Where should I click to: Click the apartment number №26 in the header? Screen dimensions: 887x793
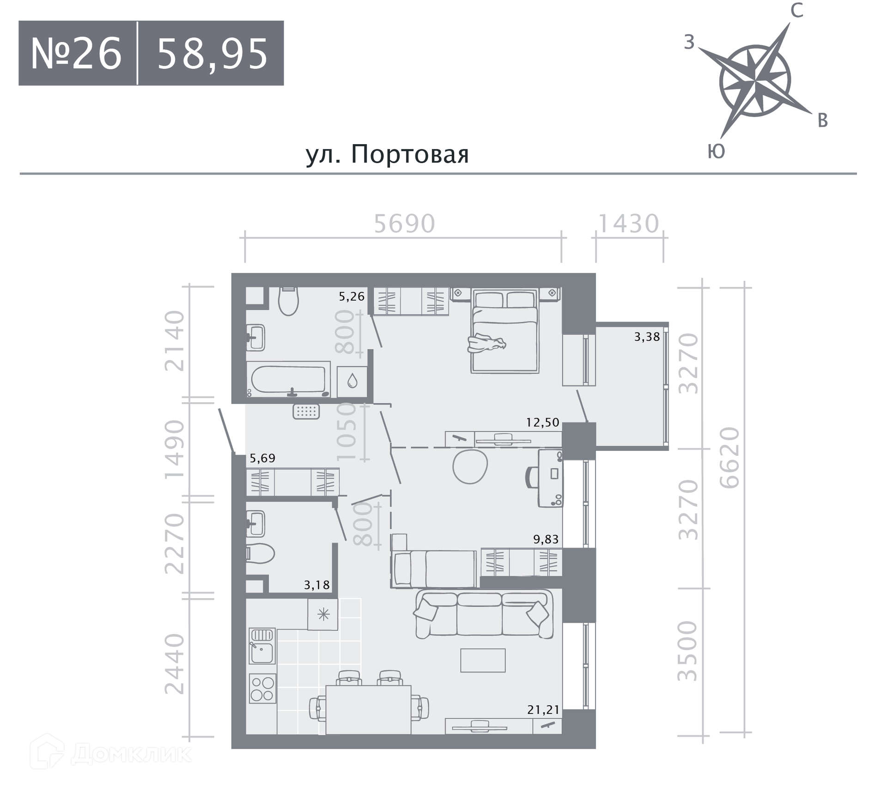(x=76, y=54)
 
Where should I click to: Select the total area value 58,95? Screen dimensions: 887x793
(x=213, y=54)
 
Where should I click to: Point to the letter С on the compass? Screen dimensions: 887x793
(x=797, y=11)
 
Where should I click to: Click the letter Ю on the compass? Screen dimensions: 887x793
(x=716, y=151)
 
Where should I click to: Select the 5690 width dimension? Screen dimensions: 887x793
(x=404, y=224)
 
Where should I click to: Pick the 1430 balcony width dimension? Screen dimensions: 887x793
(x=629, y=224)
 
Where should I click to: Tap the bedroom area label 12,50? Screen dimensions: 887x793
(x=543, y=422)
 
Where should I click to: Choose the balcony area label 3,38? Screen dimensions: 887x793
(x=647, y=337)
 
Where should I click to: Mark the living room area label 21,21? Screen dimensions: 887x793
(x=543, y=709)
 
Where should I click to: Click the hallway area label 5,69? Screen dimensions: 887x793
(x=262, y=458)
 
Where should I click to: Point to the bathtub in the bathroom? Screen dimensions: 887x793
(x=288, y=379)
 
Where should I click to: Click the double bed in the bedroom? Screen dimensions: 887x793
(x=505, y=331)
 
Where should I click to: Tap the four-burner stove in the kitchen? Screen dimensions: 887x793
(x=262, y=688)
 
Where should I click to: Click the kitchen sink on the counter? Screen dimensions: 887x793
(x=262, y=646)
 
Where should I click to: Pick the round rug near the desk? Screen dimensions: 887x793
(x=470, y=466)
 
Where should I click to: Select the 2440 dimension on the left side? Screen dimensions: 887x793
(x=175, y=664)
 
